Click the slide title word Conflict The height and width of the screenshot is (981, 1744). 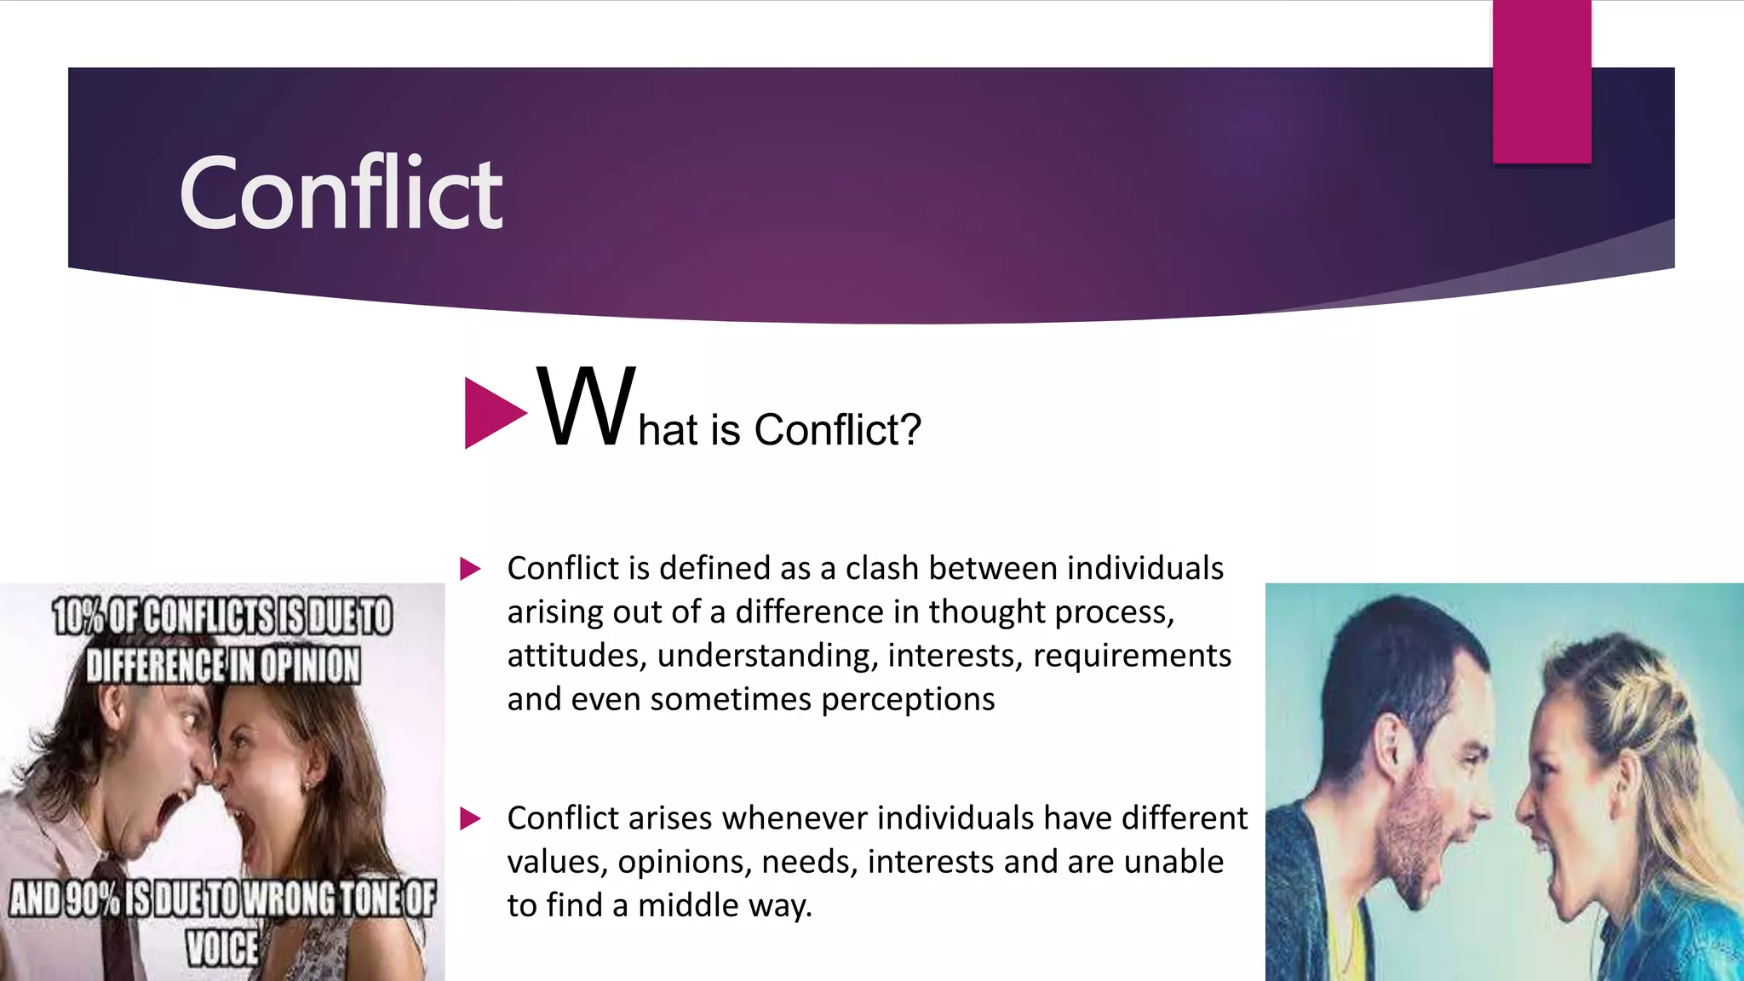(x=341, y=193)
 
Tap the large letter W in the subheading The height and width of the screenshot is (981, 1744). (x=586, y=407)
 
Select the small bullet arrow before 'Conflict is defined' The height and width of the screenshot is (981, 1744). (x=470, y=569)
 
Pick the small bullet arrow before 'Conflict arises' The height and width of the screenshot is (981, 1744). (x=470, y=819)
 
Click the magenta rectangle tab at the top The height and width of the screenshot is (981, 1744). (x=1541, y=81)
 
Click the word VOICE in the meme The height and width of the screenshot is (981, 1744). (x=222, y=948)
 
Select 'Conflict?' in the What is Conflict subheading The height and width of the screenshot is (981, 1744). (x=837, y=429)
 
